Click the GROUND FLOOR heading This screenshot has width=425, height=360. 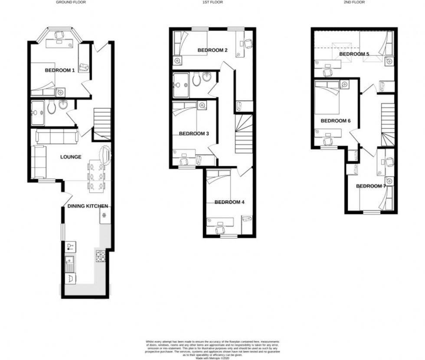pos(71,2)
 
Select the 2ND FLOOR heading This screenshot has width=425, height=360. pos(355,2)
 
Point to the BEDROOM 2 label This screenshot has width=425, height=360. pos(212,50)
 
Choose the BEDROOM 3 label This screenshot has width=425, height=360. pos(194,133)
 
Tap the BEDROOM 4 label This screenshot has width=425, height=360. pos(229,202)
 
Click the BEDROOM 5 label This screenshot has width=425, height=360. pos(354,54)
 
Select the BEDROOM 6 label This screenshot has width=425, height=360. pos(335,121)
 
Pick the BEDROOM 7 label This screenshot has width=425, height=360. pos(371,186)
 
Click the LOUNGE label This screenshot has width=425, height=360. pos(71,157)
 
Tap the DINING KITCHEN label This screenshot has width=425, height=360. pos(88,206)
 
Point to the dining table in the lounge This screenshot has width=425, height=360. pos(96,175)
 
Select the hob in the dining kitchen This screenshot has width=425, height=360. pos(99,256)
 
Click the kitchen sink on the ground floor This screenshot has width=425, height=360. pos(69,264)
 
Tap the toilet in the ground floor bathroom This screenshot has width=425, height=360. pos(52,107)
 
